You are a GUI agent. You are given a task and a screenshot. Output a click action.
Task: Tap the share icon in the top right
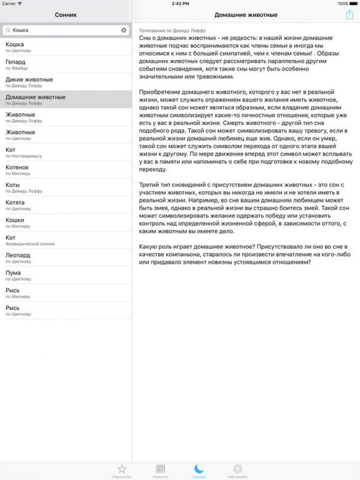[x=349, y=15]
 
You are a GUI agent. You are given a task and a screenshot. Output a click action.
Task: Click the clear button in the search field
[x=124, y=30]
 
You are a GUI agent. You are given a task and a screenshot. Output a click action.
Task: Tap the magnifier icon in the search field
[x=8, y=30]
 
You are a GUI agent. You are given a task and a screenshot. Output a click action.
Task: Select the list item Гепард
[x=66, y=64]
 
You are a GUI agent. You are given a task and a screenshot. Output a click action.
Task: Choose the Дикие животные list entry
[x=66, y=82]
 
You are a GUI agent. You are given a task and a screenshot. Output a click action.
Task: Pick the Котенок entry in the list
[x=66, y=170]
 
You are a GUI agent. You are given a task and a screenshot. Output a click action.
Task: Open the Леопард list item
[x=66, y=258]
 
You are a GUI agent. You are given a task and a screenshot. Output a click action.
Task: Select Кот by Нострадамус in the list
[x=66, y=152]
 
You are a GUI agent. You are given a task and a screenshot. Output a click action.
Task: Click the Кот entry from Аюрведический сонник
[x=66, y=240]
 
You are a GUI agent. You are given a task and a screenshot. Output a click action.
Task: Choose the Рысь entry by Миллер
[x=66, y=293]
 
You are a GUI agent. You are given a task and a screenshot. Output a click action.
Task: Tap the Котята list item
[x=66, y=205]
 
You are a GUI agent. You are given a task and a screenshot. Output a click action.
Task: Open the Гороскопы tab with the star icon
[x=122, y=470]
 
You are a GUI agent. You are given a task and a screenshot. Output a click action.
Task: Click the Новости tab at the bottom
[x=160, y=470]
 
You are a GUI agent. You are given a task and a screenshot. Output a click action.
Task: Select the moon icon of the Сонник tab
[x=199, y=468]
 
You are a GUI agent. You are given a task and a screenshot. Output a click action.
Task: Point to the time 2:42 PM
[x=180, y=3]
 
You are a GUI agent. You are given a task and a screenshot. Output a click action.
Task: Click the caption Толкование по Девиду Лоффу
[x=172, y=31]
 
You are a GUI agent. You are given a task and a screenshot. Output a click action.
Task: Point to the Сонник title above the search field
[x=66, y=15]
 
